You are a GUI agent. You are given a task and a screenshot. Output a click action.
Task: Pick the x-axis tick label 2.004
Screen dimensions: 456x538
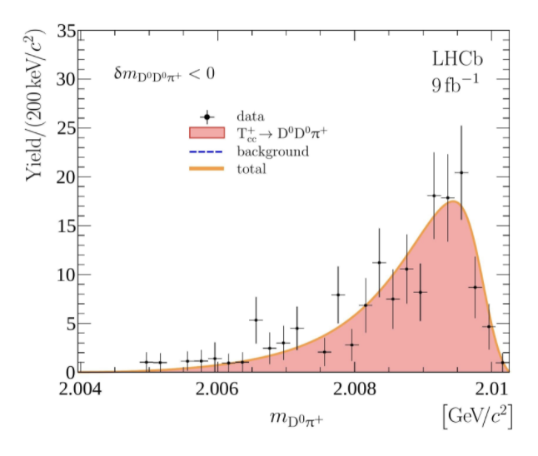82,389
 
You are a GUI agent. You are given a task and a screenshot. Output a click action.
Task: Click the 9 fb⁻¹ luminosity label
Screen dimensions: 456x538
456,83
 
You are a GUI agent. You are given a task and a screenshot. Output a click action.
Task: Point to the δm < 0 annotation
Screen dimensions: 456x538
164,74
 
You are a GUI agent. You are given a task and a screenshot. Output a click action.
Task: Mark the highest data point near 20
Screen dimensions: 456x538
461,173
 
